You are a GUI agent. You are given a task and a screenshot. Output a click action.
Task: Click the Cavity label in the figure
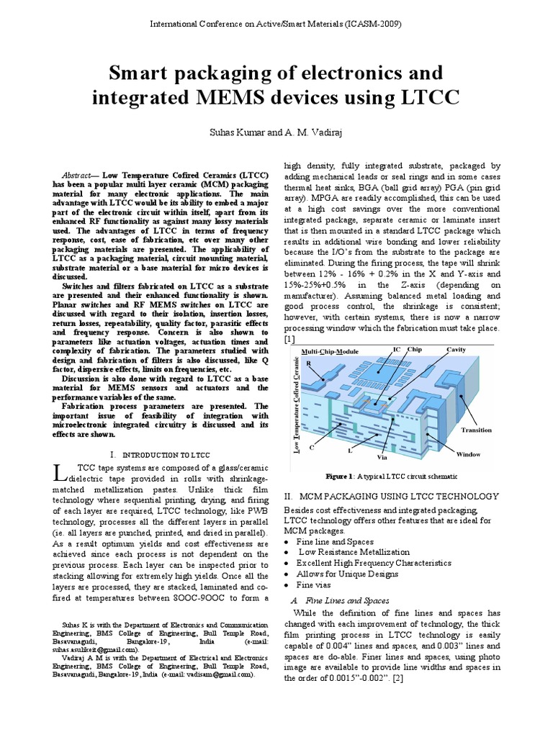[x=457, y=349]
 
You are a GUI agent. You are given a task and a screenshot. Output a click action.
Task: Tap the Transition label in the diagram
[x=477, y=430]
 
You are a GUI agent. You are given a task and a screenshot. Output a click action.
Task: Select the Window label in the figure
[x=468, y=454]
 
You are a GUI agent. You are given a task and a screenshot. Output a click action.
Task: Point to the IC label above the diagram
[x=397, y=349]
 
